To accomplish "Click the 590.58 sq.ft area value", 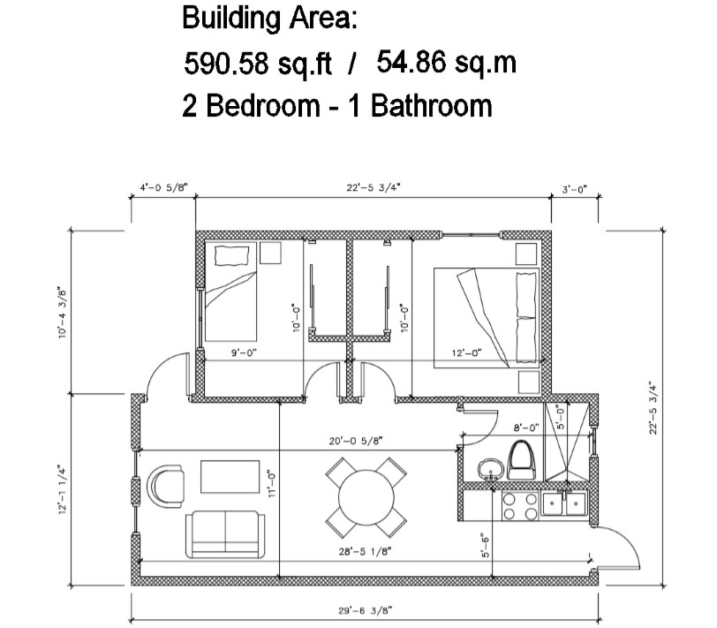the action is coord(258,63).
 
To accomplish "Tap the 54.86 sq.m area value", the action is coord(446,62).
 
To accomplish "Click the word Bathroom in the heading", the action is coord(431,106).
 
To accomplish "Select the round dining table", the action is coord(366,497).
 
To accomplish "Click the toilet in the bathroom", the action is coord(521,459).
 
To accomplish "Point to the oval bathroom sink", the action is coord(491,469).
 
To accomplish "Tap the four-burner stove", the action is coord(520,506).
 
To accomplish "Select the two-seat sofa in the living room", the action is coord(225,534).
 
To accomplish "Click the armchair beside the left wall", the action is coord(165,485).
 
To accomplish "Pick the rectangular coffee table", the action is coord(230,477).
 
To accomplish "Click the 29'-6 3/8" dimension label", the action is coord(365,610).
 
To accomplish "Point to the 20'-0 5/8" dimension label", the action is coord(356,441).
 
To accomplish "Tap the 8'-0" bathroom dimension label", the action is coord(526,427).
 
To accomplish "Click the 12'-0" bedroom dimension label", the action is coord(467,352).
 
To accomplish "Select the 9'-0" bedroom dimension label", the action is coord(245,352).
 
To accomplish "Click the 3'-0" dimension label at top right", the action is coord(574,189).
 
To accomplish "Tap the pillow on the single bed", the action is coord(232,255).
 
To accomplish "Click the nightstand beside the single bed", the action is coord(270,253).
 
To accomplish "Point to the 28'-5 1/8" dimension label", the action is coord(366,551).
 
